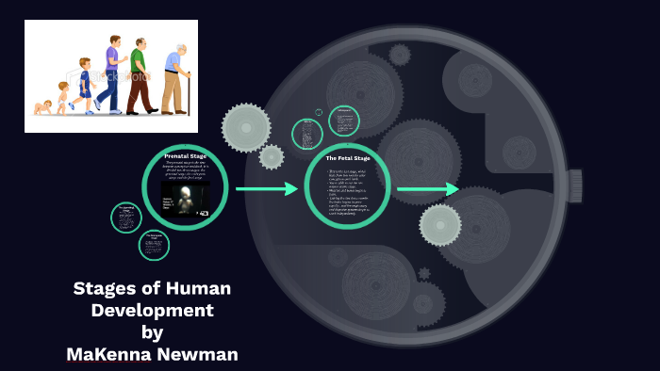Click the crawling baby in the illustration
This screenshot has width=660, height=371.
42,107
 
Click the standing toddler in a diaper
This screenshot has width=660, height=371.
63,98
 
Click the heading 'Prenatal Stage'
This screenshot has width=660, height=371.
185,155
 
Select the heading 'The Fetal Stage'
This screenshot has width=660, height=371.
348,158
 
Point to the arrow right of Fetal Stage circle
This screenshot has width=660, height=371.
427,189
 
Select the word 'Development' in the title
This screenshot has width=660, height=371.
152,310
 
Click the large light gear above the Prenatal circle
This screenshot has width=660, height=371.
245,127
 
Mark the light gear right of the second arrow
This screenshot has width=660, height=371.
440,224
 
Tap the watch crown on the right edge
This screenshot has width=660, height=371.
574,185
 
